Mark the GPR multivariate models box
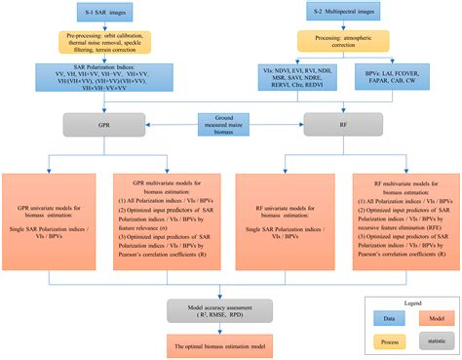click(x=163, y=214)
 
